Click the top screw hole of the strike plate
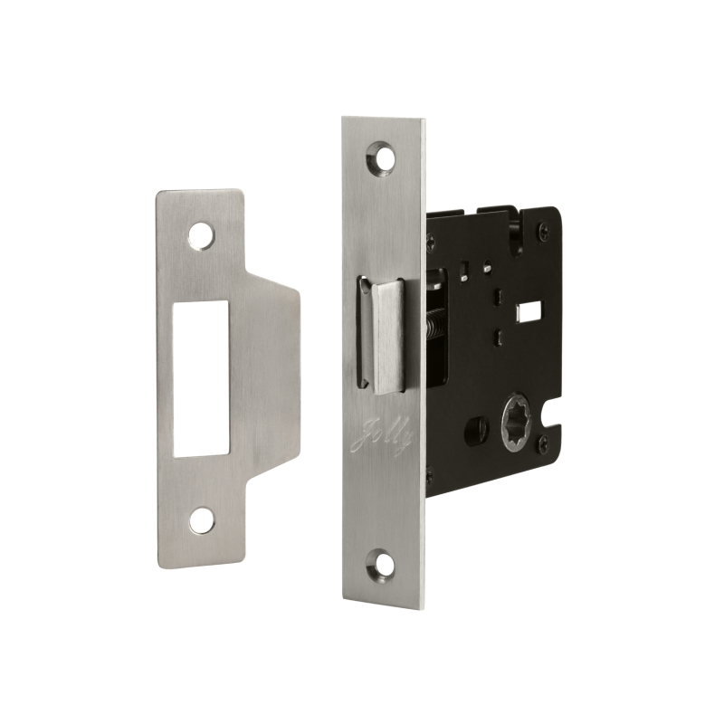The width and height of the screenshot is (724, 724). point(201,236)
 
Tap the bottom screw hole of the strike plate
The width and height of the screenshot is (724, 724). point(202,521)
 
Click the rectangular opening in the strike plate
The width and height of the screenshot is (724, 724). point(201,379)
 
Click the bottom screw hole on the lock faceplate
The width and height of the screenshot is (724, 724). point(381,564)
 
